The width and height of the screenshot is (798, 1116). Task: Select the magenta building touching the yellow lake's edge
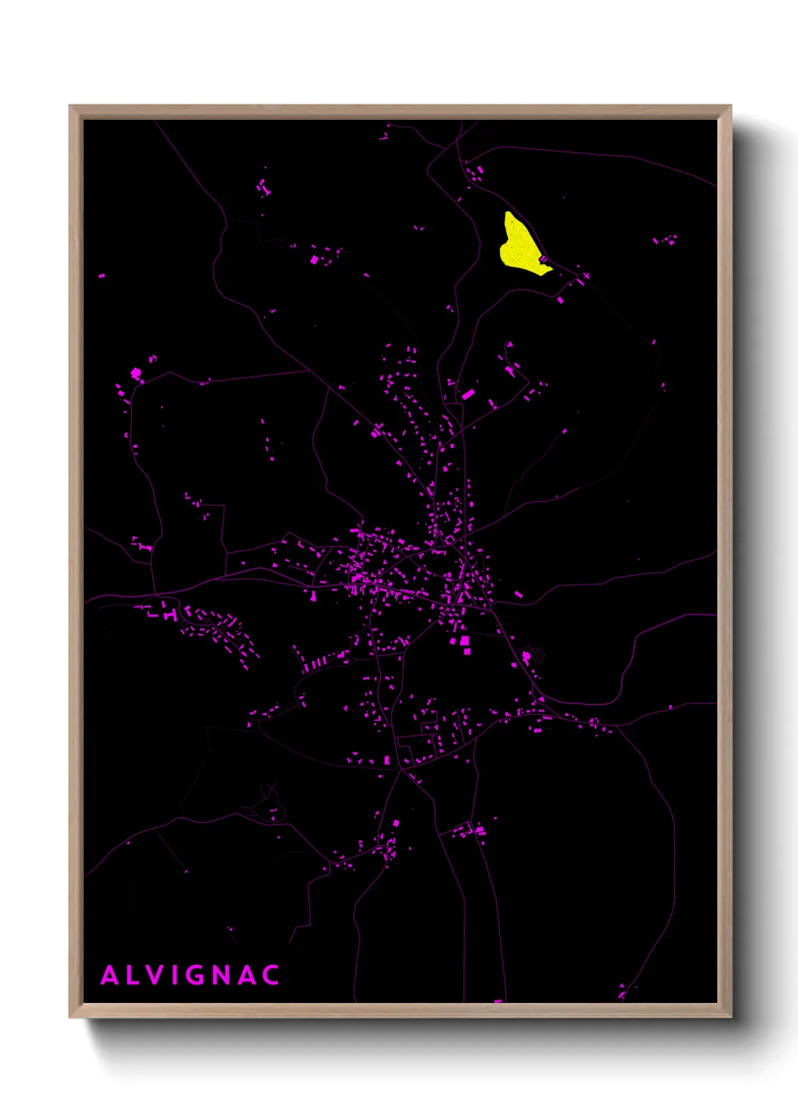(x=543, y=259)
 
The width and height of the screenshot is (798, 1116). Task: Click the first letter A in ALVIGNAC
(x=110, y=975)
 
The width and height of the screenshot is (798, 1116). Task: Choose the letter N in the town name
(x=222, y=975)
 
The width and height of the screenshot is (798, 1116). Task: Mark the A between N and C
(x=247, y=975)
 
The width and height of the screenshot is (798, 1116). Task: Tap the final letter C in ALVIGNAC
(x=272, y=975)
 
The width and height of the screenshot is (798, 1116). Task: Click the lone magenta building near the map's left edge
(x=102, y=276)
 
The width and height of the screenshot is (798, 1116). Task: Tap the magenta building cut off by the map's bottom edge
(x=498, y=1001)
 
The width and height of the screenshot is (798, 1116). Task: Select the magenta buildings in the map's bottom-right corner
(x=623, y=991)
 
